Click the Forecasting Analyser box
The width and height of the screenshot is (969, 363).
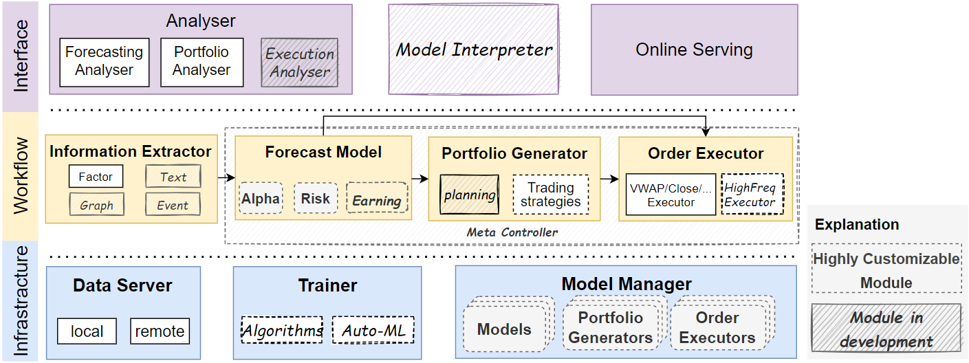tap(105, 63)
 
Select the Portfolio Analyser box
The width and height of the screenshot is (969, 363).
tap(202, 63)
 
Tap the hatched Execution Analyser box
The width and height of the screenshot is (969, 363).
tap(299, 63)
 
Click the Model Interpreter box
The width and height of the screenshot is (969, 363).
tap(474, 49)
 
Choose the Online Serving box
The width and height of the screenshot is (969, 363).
tap(695, 49)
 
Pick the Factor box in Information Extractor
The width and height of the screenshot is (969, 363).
tap(96, 176)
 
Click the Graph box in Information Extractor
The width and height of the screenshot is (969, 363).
tap(96, 204)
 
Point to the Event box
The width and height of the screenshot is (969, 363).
tap(173, 204)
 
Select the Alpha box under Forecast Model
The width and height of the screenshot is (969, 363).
tap(261, 198)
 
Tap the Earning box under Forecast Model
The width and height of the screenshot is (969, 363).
tap(377, 198)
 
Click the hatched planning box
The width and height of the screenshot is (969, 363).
tap(469, 195)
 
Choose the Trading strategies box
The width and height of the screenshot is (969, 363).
tap(551, 195)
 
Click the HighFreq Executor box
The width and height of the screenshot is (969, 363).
tap(752, 195)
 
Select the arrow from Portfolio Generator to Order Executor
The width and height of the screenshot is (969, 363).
tap(609, 179)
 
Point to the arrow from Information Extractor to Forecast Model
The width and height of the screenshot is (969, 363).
tap(226, 177)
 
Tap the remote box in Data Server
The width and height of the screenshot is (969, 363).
tap(160, 331)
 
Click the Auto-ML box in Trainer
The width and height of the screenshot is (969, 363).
tap(373, 330)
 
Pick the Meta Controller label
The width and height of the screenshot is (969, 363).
tap(512, 232)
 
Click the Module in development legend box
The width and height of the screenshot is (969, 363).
tap(886, 327)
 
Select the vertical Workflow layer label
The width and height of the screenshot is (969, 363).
tap(21, 176)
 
